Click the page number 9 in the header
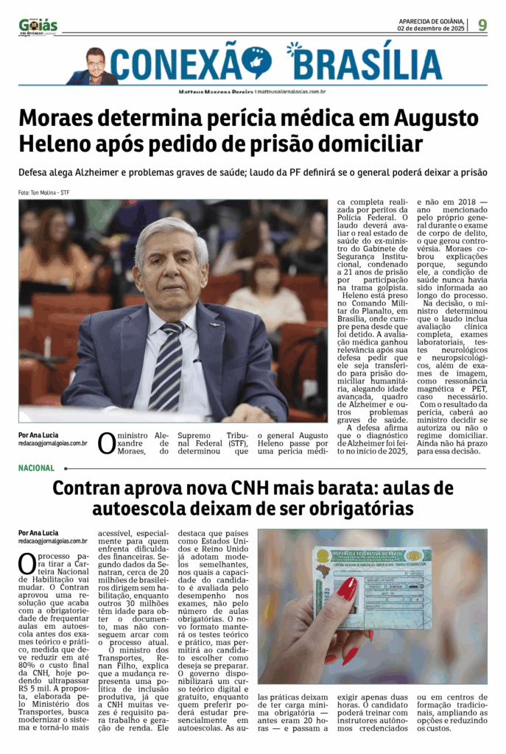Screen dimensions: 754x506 coord(482,25)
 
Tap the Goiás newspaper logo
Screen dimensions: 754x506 coord(38,27)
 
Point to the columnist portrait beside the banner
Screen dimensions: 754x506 coord(94,66)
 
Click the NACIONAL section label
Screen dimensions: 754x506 coord(37,468)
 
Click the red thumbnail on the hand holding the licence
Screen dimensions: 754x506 coord(346,588)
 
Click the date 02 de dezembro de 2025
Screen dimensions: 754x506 coord(431,29)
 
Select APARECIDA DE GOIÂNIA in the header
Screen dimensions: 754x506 coord(431,21)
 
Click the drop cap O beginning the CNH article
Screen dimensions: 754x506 coord(27,564)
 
